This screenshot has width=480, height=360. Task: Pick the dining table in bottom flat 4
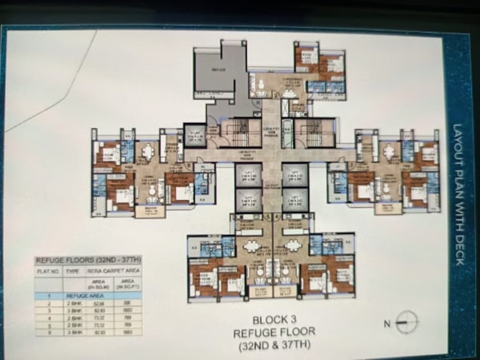pos(293,245)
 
